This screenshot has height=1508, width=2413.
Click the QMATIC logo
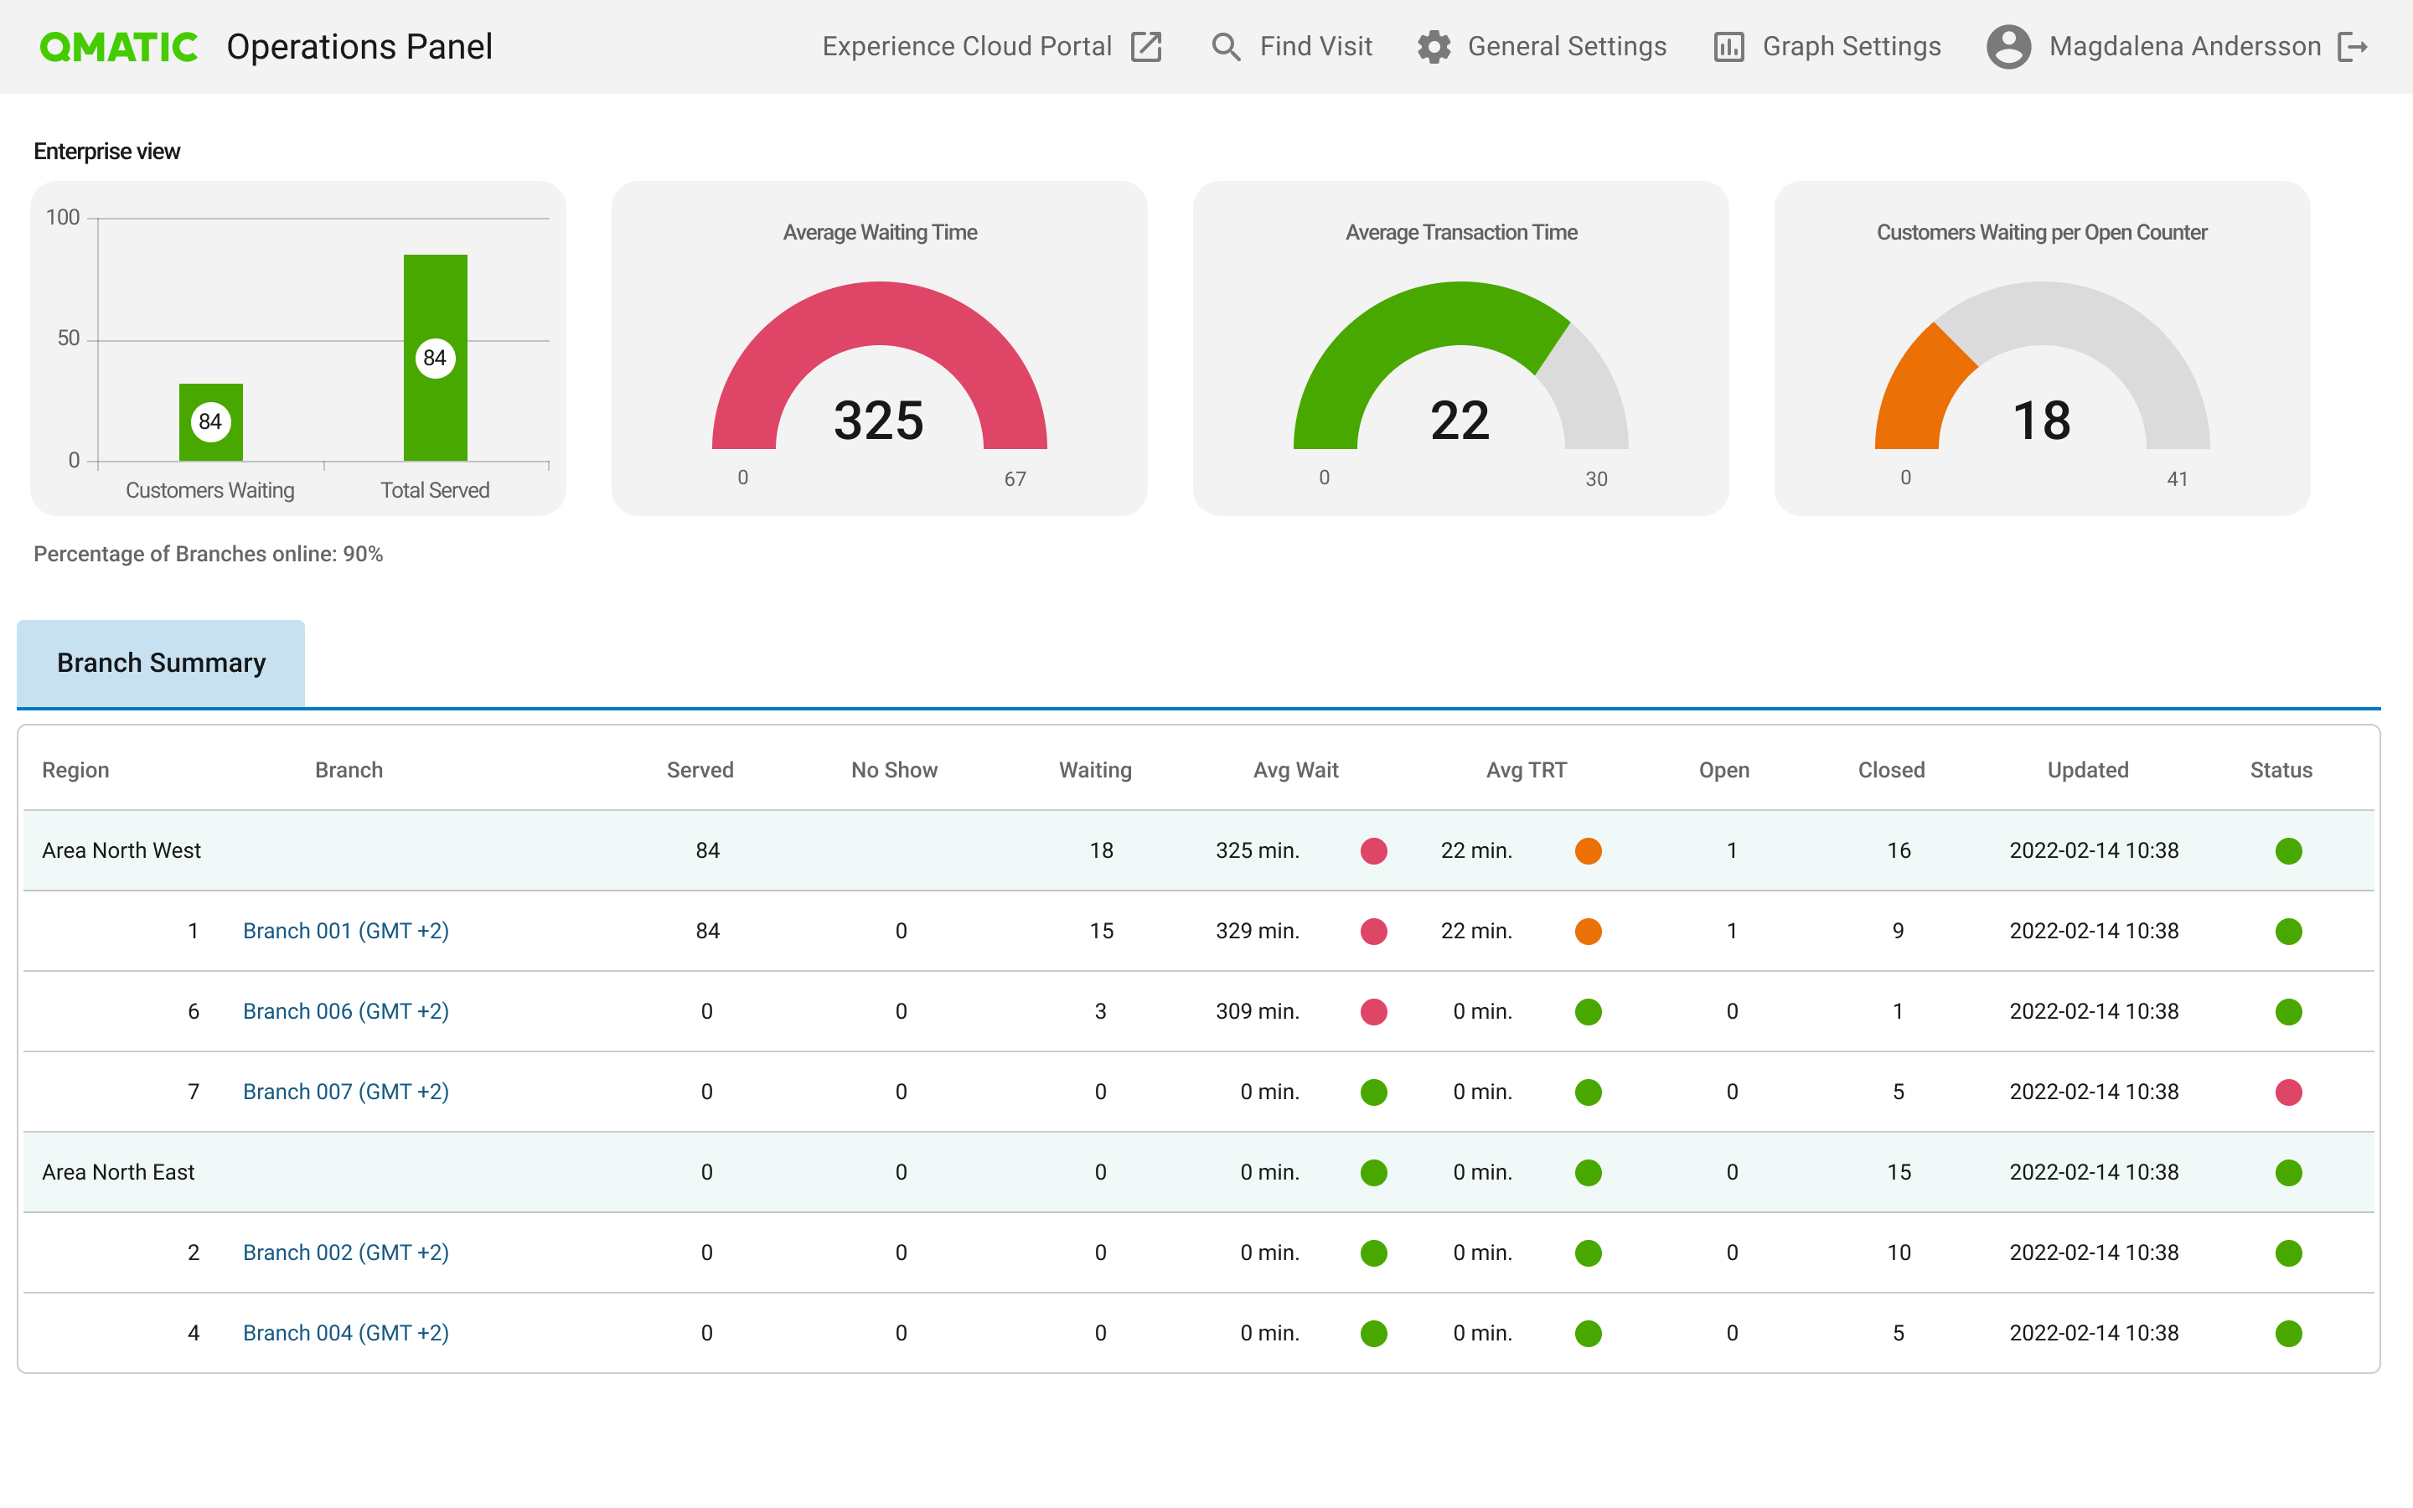point(117,47)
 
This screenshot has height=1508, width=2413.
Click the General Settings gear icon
point(1434,47)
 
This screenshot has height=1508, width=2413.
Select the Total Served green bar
point(435,299)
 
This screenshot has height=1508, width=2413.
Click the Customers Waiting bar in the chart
point(210,439)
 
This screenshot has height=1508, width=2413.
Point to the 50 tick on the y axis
point(69,339)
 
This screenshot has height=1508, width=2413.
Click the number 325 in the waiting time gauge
point(878,420)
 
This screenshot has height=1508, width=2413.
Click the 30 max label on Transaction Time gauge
point(1595,478)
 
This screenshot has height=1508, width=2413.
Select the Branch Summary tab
point(161,664)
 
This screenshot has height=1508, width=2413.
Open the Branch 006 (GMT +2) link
point(345,1011)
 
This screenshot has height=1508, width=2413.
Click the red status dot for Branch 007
point(2287,1092)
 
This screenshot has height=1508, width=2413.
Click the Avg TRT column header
point(1526,770)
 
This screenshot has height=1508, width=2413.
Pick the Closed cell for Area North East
point(1898,1172)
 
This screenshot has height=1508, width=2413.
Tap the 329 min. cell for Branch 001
point(1257,931)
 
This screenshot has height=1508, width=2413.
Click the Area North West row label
point(121,850)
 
